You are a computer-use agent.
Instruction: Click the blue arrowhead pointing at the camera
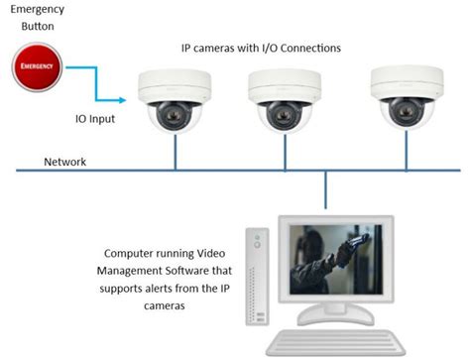[x=127, y=99]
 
